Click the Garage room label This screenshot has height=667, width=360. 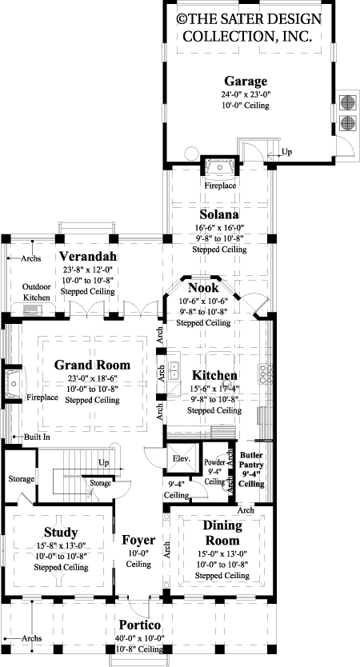[245, 82]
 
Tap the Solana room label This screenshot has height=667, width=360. [218, 215]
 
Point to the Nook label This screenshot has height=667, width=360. [203, 288]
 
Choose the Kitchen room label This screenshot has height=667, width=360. [214, 376]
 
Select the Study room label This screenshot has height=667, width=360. [61, 533]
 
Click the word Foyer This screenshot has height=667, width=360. [138, 540]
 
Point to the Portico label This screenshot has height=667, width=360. [140, 625]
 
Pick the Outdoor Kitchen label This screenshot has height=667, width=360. [36, 292]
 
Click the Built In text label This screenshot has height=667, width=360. [36, 437]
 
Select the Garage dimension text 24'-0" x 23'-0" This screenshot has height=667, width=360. [245, 94]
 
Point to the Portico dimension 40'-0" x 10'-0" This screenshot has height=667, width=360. [140, 637]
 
